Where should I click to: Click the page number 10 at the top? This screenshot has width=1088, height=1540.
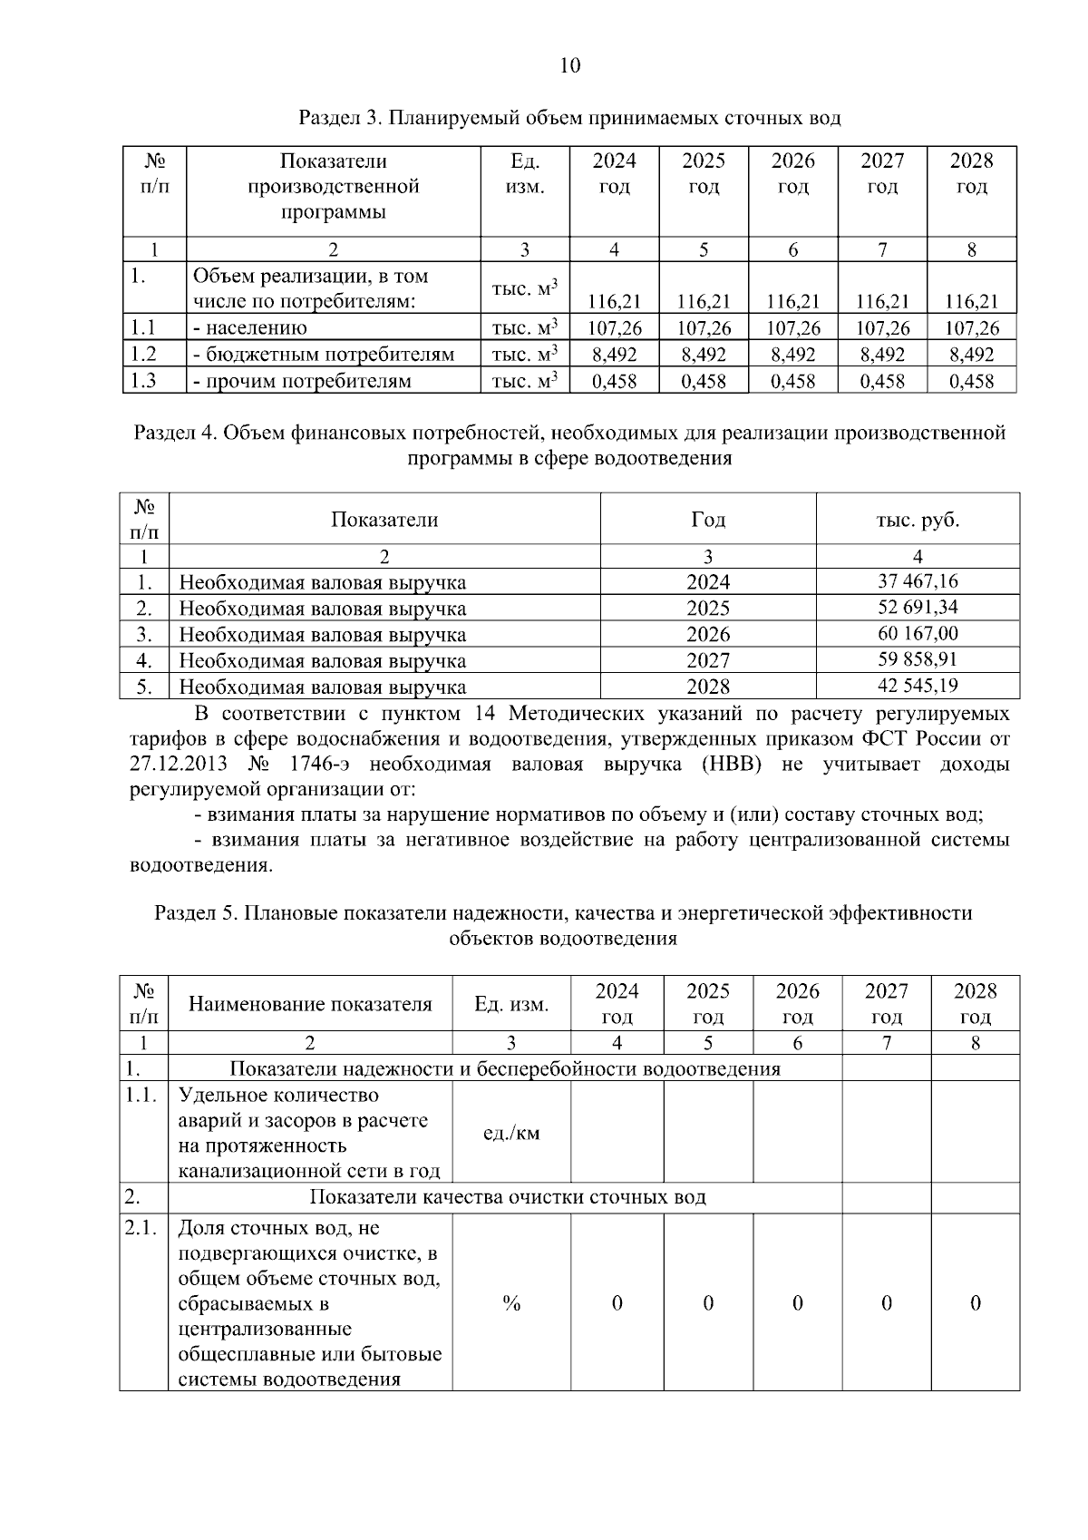[x=570, y=65]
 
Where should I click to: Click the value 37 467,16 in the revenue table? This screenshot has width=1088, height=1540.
[x=918, y=581]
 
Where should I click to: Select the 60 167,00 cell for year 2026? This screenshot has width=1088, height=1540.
[x=918, y=633]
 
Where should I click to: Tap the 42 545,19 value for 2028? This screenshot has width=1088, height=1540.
[x=918, y=686]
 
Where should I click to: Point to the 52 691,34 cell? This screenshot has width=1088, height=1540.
[x=918, y=607]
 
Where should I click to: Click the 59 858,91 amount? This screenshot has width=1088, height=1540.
[x=918, y=659]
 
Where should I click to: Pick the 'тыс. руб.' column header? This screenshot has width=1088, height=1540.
[x=918, y=520]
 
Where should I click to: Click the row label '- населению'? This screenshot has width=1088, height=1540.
[x=250, y=328]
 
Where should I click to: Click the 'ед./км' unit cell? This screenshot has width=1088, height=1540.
[x=511, y=1133]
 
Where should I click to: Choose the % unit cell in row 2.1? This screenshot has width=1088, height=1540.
[x=511, y=1303]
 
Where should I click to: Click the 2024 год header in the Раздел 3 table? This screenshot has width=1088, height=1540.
[x=615, y=173]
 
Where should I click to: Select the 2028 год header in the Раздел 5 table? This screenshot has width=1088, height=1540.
[x=976, y=1003]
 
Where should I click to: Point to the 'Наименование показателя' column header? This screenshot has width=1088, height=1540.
[x=310, y=1004]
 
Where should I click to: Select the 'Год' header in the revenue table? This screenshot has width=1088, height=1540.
[x=707, y=520]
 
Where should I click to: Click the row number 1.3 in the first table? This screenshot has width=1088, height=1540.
[x=143, y=381]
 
